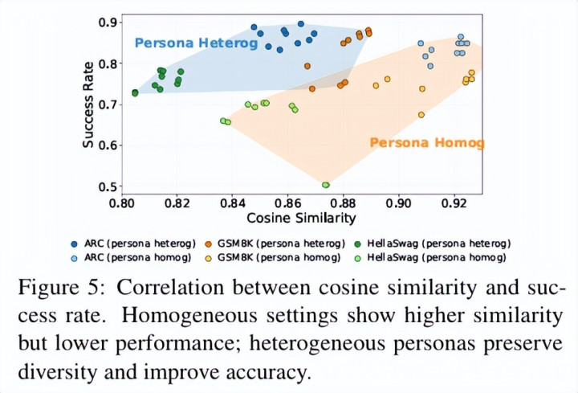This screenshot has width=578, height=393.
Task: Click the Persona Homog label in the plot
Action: click(427, 143)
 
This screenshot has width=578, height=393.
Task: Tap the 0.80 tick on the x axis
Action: click(122, 203)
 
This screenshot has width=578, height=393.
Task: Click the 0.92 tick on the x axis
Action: click(454, 203)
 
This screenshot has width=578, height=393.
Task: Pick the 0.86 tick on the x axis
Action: click(288, 203)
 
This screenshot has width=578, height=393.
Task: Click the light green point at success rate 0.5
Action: click(326, 185)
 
